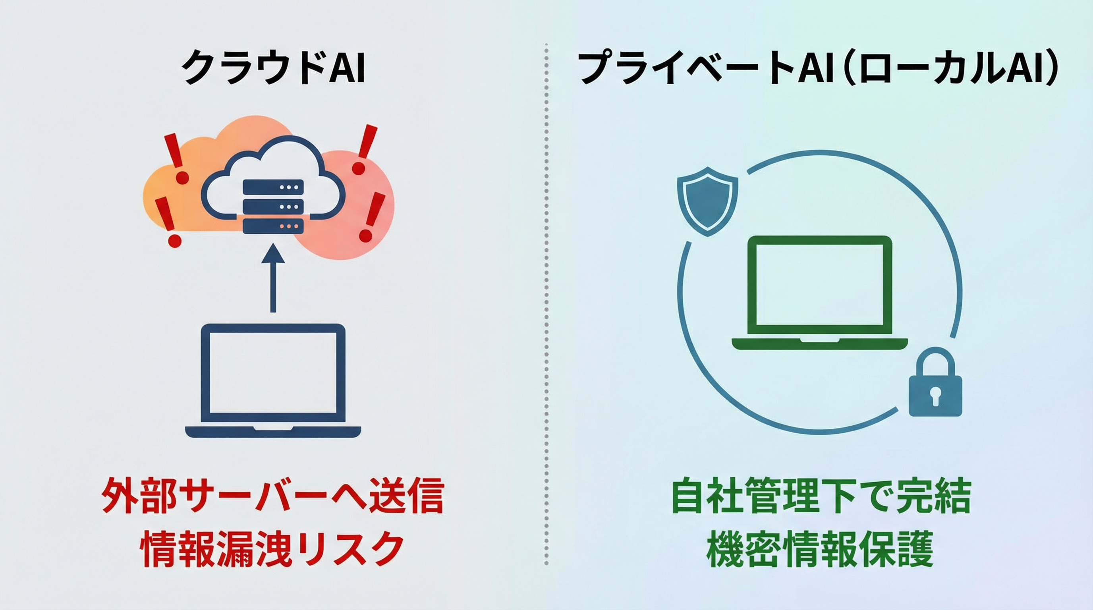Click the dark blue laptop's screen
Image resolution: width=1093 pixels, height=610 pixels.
click(x=273, y=373)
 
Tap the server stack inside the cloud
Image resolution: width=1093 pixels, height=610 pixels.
click(x=273, y=206)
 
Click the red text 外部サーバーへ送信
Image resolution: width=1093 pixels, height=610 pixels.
click(x=273, y=496)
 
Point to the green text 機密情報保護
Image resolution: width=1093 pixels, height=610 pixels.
click(x=820, y=549)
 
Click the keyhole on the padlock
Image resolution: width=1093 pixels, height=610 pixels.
click(x=935, y=398)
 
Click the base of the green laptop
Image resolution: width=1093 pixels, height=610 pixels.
click(x=820, y=343)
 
